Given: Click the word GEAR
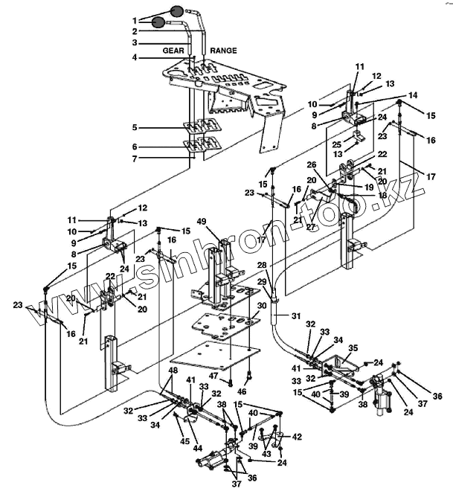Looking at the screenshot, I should (x=173, y=51).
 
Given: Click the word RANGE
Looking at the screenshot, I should (x=223, y=51).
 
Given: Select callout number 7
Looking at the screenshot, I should (x=135, y=158).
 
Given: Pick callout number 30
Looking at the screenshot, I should (x=260, y=306).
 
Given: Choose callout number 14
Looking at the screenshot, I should (x=413, y=95).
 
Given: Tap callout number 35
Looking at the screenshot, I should (x=353, y=347).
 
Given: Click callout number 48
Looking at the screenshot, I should (x=173, y=371).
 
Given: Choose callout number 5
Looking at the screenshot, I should (x=135, y=128).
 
